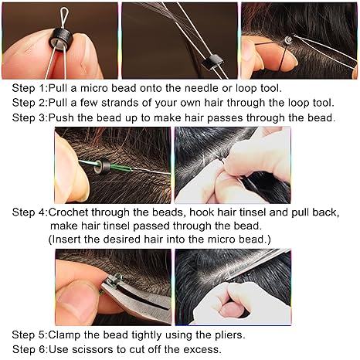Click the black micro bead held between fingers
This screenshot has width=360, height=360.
(61, 40)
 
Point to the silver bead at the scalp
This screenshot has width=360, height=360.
(287, 41)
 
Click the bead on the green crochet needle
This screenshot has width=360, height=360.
(102, 166)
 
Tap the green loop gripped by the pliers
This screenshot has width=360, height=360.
(117, 278)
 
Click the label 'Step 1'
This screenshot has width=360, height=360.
(29, 88)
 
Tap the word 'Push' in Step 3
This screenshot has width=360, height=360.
(60, 117)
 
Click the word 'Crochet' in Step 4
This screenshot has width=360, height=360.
(68, 212)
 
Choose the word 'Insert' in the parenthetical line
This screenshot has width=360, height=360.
(66, 239)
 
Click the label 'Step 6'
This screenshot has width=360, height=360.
(29, 350)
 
